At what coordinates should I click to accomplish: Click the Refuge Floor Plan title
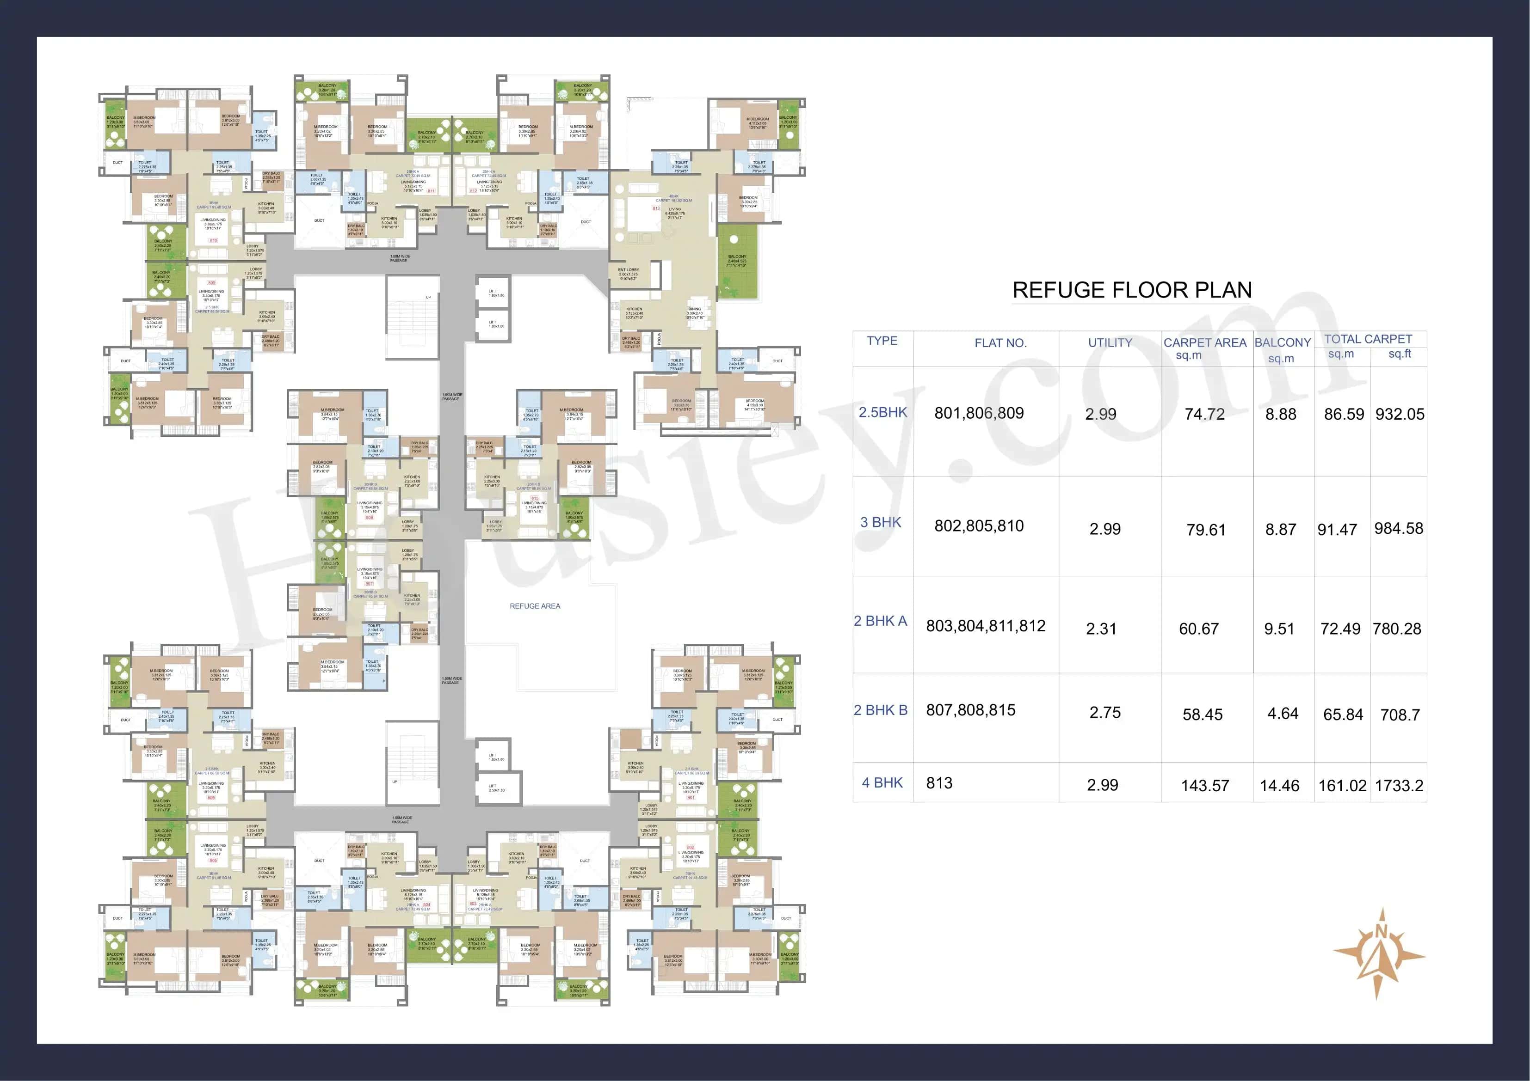point(1131,290)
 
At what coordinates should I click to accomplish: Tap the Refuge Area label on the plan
point(534,606)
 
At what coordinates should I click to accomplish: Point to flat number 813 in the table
point(939,783)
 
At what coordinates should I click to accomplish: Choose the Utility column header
point(1110,343)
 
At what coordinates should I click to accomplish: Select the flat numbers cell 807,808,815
point(970,710)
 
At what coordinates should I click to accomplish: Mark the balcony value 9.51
point(1279,629)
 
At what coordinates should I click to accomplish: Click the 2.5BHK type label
point(882,412)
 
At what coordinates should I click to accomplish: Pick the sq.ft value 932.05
point(1400,414)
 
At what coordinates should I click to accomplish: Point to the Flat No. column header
point(1000,343)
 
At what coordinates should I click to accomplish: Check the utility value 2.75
point(1105,713)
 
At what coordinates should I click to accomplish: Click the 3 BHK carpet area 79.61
point(1205,530)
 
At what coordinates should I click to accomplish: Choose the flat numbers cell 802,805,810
point(978,526)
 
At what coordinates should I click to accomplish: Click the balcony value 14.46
point(1279,786)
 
